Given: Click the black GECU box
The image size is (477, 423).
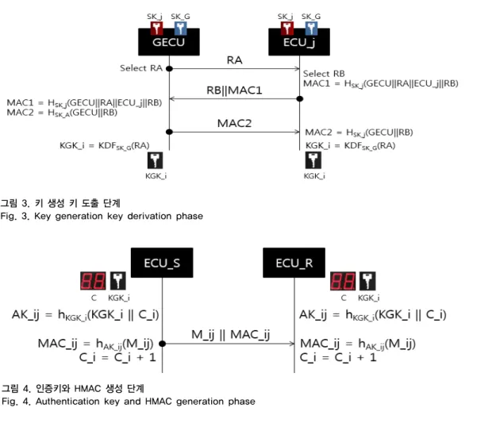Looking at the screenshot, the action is [x=169, y=42].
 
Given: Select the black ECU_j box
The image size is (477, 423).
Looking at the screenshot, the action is [x=299, y=42].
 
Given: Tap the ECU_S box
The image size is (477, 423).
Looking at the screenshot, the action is [x=162, y=263].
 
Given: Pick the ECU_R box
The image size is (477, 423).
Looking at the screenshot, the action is [x=294, y=263].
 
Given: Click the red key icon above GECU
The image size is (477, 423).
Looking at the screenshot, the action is [x=156, y=29].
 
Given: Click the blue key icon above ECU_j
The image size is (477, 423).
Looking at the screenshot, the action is [x=311, y=29].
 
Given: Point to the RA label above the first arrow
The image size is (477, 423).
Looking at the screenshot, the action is [x=235, y=60].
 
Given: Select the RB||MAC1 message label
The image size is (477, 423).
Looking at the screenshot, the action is [x=234, y=90].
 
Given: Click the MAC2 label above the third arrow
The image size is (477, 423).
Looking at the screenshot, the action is [x=235, y=124].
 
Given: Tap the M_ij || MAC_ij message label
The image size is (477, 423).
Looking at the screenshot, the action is [x=231, y=335].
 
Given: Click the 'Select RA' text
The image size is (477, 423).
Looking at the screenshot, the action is [x=141, y=68].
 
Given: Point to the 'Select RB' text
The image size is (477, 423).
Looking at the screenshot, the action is [x=324, y=74].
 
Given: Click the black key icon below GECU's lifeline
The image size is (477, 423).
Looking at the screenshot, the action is [x=155, y=160].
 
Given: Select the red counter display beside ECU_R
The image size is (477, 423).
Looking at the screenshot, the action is [x=343, y=281].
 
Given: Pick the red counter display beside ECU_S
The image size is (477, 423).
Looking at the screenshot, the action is [x=93, y=281].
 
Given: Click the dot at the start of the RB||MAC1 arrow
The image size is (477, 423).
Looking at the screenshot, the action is [x=300, y=99].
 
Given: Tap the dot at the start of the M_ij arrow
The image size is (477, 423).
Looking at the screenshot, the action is [x=163, y=344].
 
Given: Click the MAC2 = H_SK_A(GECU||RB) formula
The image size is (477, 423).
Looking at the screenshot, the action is [x=62, y=113].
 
